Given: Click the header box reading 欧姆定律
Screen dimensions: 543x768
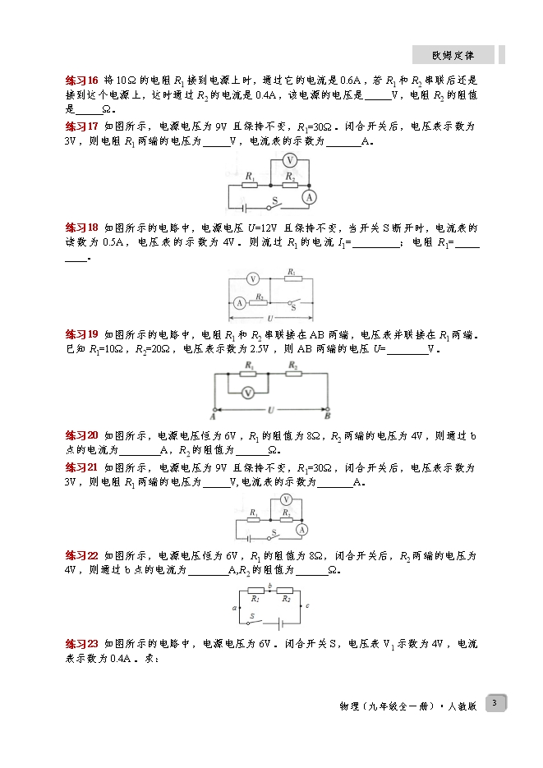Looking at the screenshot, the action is point(453,55).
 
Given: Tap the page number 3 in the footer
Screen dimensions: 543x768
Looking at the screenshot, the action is point(495,703).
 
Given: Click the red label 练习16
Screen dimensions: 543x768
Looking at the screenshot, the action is point(82,80).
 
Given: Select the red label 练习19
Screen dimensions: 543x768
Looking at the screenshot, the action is point(82,334).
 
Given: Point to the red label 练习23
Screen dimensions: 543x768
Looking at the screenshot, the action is point(82,644).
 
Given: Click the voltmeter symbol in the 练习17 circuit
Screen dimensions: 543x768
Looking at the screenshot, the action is point(290,160).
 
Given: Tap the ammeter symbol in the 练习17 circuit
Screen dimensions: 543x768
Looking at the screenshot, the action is point(309,197).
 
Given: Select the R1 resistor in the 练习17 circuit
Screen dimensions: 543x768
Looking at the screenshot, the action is point(250,186).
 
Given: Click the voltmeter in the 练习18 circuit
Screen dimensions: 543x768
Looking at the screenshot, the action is point(253,279).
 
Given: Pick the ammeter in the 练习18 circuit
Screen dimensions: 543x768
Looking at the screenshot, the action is point(239,303).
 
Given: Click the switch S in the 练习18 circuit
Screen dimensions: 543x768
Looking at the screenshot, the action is point(294,304).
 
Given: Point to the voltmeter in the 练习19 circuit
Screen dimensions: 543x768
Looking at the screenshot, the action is point(248,393).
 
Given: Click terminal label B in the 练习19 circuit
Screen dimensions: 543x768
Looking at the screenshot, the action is point(328,416).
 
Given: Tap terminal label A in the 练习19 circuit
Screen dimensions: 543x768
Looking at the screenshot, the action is point(213,416).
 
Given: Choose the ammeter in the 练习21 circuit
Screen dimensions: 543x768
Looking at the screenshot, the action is point(301,530).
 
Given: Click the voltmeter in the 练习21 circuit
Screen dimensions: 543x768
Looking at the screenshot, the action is point(286,499).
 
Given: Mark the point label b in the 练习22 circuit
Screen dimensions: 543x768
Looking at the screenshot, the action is point(269,586).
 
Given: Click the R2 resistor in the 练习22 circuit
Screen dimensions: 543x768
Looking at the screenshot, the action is point(285,591).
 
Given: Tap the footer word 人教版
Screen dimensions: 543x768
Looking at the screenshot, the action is point(462,706).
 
